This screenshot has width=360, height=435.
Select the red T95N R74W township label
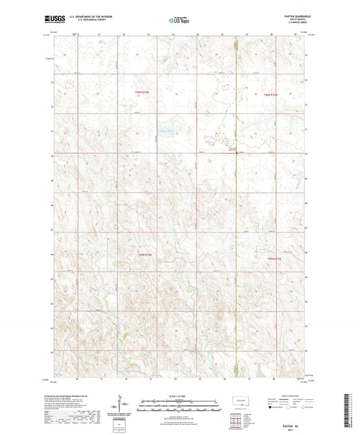(146, 254)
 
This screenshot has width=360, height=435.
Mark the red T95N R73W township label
(272, 259)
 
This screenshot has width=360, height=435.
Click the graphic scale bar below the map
(180, 406)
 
